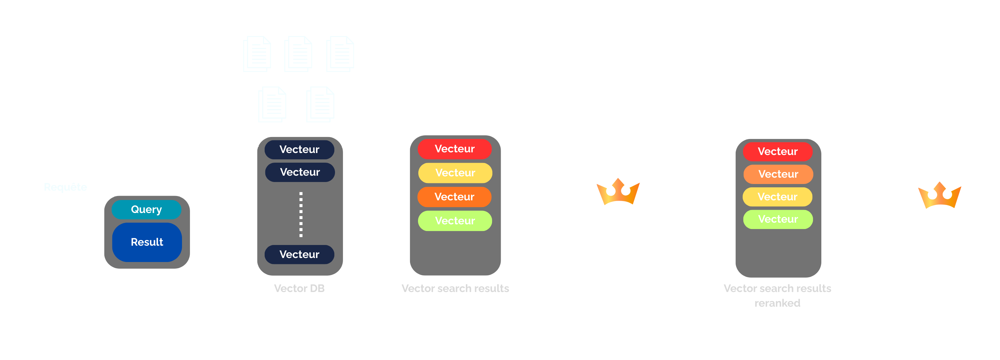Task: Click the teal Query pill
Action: coord(146,209)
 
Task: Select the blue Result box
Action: coord(147,242)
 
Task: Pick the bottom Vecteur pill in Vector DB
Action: coord(299,254)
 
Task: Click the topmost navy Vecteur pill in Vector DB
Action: coord(299,150)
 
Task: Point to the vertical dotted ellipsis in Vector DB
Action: coord(301,214)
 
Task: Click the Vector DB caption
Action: coord(299,288)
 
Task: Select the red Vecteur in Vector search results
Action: coord(455,149)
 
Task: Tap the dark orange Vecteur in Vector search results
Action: coord(455,197)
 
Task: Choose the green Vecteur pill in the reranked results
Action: coord(778,219)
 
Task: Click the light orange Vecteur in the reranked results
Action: coord(778,174)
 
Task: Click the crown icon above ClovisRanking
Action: coord(618,192)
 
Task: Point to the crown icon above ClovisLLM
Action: coord(939,195)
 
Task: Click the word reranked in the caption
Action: coord(777,303)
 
